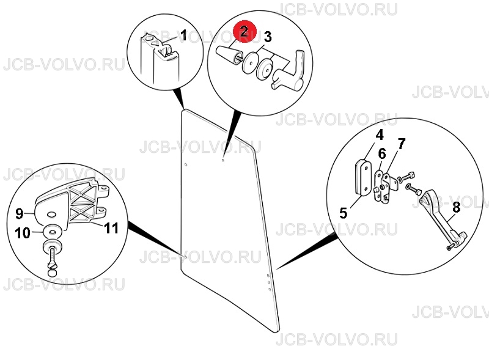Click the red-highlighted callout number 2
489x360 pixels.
pos(244,31)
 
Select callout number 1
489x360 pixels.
pos(184,35)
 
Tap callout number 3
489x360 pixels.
pos(268,37)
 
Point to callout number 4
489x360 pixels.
pos(379,136)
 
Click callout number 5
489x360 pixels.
pos(343,213)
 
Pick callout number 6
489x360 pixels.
pos(382,154)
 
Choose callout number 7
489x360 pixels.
pos(402,144)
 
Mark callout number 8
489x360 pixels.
pos(456,207)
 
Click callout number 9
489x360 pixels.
pos(20,214)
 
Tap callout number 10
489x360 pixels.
pos(23,233)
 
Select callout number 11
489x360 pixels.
pos(111,228)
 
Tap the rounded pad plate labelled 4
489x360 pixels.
pos(363,177)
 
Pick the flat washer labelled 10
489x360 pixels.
pos(53,231)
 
